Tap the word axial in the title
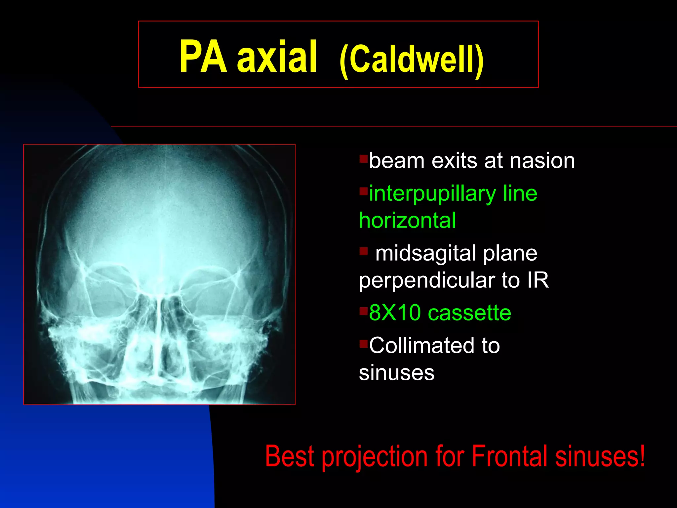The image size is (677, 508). (277, 57)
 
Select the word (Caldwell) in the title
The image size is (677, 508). (412, 60)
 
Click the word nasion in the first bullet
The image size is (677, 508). (542, 161)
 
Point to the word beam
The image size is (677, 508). (397, 161)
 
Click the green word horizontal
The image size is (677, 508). (407, 221)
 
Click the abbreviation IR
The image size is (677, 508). (538, 280)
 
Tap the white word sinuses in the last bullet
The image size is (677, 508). (397, 373)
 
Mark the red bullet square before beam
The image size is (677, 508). (364, 159)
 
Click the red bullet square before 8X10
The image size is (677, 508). (364, 311)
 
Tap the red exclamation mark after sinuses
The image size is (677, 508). (642, 455)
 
